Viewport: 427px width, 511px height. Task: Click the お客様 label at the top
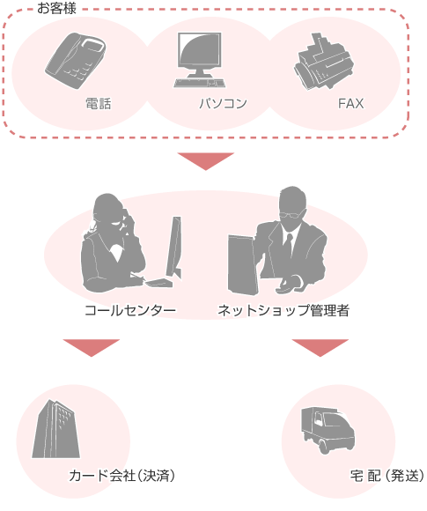click(56, 8)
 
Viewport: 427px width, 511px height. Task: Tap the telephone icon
click(75, 61)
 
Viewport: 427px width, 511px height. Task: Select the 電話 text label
click(99, 104)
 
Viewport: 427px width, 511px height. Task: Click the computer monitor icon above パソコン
click(199, 60)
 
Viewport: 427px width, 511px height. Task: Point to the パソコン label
click(224, 104)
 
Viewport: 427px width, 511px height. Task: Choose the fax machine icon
click(323, 62)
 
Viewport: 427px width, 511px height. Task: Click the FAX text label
click(350, 104)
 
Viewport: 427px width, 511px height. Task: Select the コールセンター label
click(130, 310)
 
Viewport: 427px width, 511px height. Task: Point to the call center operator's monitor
click(173, 247)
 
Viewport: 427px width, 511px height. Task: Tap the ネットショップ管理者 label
click(283, 310)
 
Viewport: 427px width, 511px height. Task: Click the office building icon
click(56, 429)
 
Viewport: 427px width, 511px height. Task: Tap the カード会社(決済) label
click(121, 476)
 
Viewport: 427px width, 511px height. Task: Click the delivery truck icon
click(328, 430)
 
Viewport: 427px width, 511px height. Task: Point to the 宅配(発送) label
click(387, 476)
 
